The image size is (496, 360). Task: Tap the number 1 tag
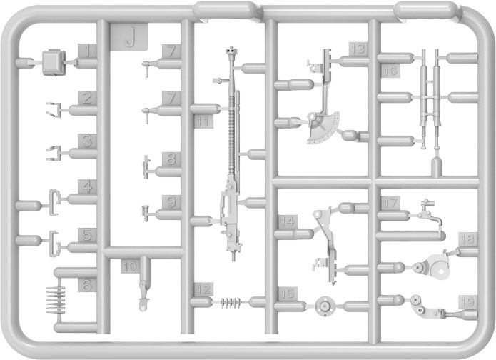tap(86, 51)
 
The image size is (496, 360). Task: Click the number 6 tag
tap(86, 285)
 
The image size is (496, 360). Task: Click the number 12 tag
tap(203, 289)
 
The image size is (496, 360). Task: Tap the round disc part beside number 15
tap(325, 306)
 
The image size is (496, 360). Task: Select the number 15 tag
tap(287, 294)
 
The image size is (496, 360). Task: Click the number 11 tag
tap(203, 122)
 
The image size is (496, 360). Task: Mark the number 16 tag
tap(389, 71)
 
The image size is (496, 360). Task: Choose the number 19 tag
tap(467, 301)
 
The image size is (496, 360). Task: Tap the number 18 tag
tap(467, 239)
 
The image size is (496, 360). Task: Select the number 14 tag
tap(287, 221)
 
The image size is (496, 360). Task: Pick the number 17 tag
tap(390, 203)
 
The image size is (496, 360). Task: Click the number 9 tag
tap(168, 202)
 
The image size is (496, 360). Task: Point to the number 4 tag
tap(87, 186)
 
